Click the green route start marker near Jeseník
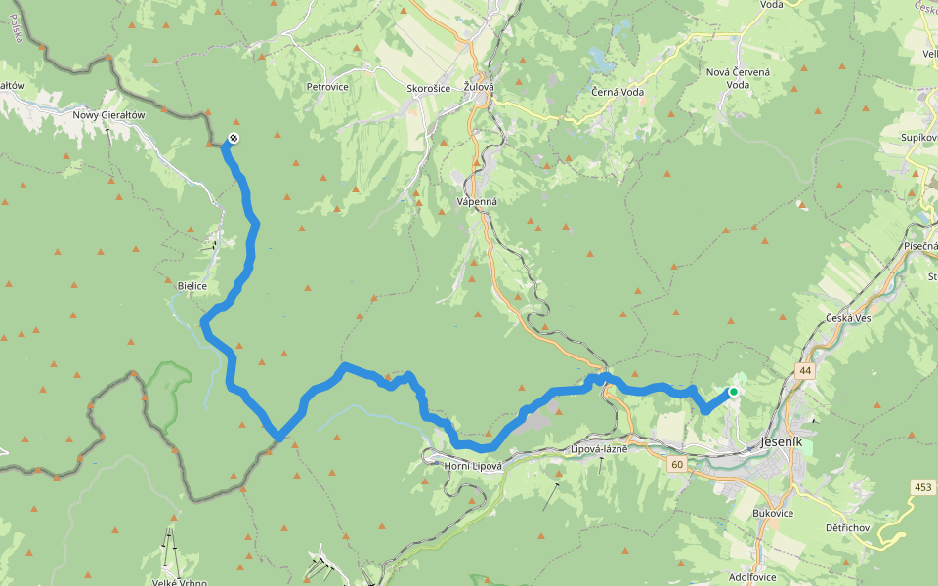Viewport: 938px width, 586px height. (x=733, y=392)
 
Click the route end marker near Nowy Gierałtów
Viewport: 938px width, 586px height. (x=233, y=138)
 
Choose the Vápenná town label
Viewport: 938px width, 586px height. (x=477, y=202)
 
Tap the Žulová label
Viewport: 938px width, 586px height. (x=479, y=87)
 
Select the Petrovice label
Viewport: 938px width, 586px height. (x=327, y=87)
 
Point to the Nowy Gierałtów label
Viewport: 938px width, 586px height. (x=108, y=114)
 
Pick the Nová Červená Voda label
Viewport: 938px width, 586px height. (x=738, y=78)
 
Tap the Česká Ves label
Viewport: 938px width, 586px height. (x=848, y=319)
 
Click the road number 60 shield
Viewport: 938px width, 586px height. (x=677, y=464)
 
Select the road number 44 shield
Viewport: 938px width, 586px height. (x=804, y=371)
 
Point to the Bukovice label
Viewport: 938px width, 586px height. (x=774, y=512)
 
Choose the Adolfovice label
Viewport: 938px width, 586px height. (x=752, y=577)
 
